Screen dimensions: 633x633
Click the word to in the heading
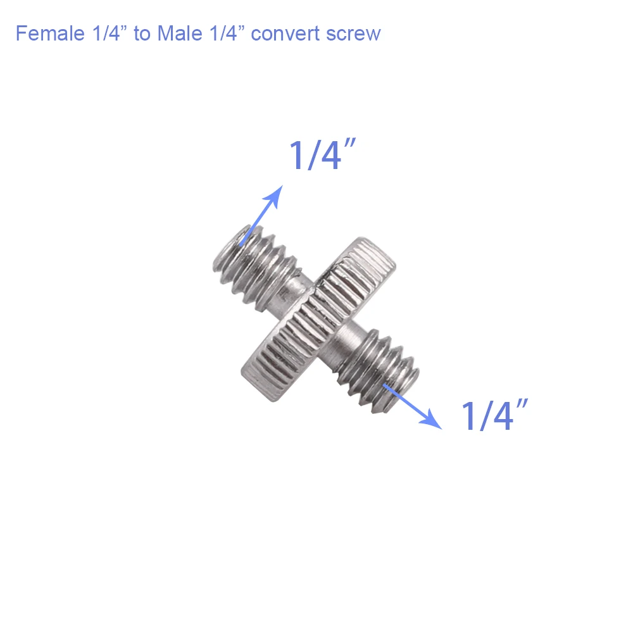[x=142, y=33]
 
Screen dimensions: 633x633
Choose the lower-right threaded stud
[x=380, y=370]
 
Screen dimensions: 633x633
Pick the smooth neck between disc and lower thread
[x=345, y=345]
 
